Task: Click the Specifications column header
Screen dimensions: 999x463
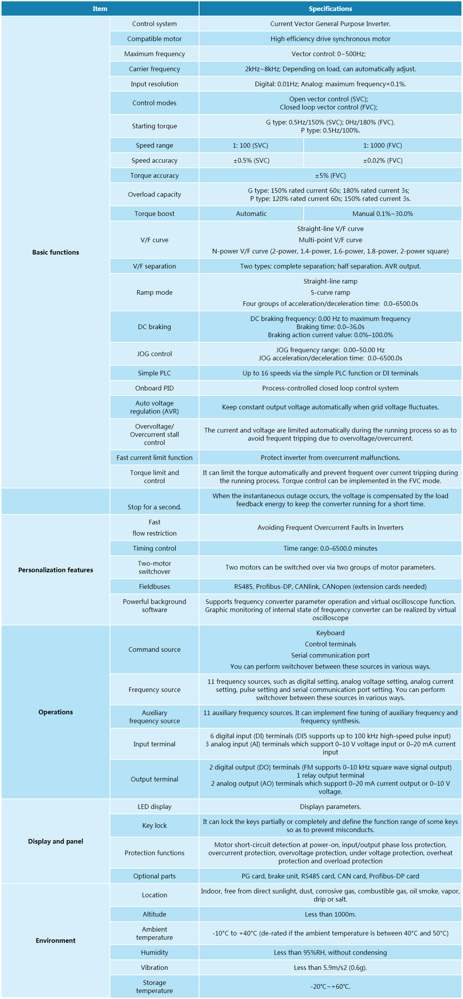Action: [330, 8]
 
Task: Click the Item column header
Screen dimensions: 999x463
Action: [100, 8]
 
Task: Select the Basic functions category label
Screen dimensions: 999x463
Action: [56, 252]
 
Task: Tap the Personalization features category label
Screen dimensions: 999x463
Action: [56, 570]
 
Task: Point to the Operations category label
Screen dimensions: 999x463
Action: [56, 712]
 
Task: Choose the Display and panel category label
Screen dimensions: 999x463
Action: [56, 841]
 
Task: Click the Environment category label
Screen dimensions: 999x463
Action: [56, 940]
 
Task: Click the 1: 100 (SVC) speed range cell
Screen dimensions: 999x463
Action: [250, 146]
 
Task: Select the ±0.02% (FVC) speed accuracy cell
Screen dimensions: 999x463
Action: [382, 161]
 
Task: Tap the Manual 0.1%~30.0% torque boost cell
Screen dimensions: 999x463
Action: [382, 214]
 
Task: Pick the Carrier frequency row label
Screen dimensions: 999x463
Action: [154, 69]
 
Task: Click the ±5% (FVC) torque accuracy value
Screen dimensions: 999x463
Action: [330, 176]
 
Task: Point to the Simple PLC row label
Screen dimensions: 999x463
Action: [154, 373]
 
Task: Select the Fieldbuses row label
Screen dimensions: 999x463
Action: [154, 586]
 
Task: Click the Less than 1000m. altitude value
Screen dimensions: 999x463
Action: [330, 914]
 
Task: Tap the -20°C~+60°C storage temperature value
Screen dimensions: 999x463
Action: [330, 986]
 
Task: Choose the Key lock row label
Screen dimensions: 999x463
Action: [154, 825]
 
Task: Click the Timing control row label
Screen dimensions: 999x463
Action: [154, 549]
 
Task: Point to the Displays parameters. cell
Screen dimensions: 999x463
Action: [330, 807]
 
